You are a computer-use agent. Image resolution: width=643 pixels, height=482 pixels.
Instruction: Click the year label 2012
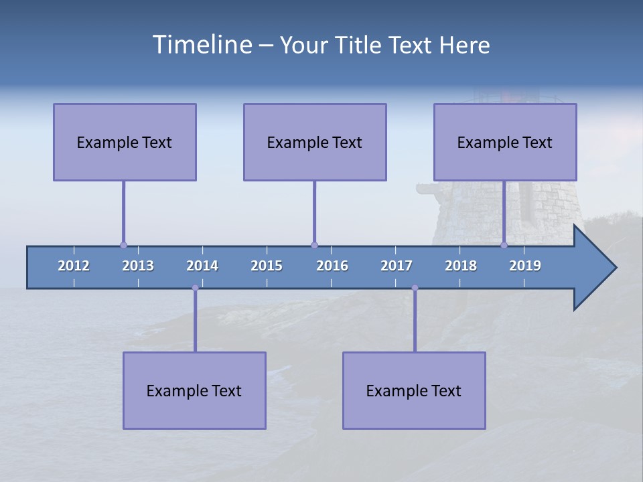click(x=74, y=266)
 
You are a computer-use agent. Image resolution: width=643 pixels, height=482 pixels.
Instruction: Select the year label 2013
click(x=138, y=266)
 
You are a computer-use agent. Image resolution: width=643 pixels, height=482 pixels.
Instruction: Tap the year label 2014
click(x=202, y=266)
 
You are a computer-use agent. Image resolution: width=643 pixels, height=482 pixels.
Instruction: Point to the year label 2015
click(x=267, y=266)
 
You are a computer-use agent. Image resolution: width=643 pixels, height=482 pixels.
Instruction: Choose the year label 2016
click(x=332, y=266)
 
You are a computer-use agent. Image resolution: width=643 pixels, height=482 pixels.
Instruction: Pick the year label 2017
click(x=397, y=266)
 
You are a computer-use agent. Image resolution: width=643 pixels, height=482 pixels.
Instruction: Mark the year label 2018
click(x=461, y=266)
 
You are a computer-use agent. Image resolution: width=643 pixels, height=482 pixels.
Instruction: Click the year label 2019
click(x=525, y=266)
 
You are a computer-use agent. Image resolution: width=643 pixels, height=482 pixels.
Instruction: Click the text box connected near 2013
click(x=125, y=142)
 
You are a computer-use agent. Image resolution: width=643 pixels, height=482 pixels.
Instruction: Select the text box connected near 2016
click(x=315, y=142)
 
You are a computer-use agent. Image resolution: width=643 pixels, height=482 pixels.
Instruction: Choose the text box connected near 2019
click(x=505, y=142)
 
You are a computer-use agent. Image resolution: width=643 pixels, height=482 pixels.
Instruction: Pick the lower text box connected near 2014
click(x=194, y=390)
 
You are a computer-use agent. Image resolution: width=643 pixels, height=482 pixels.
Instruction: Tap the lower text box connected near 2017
click(x=414, y=390)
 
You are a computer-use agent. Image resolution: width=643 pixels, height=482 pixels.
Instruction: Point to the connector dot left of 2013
click(x=123, y=245)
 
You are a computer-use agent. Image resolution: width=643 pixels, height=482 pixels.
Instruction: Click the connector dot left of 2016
click(x=314, y=245)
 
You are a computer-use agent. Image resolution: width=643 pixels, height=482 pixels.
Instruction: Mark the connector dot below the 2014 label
click(x=195, y=288)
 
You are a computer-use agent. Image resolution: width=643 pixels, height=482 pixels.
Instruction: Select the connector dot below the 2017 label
click(x=415, y=288)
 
